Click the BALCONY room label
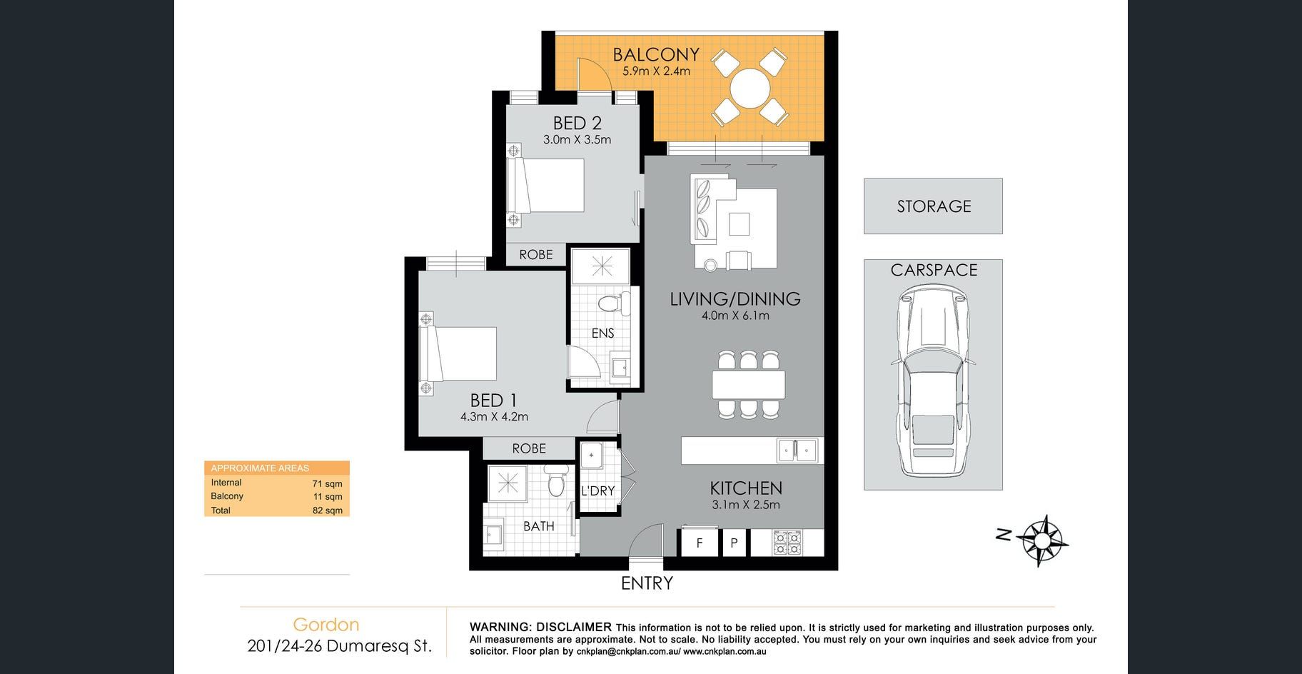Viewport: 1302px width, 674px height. click(656, 54)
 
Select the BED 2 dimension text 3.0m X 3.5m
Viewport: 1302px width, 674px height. click(577, 140)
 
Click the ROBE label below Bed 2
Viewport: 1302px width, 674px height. click(536, 255)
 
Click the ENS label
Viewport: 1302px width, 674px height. click(602, 333)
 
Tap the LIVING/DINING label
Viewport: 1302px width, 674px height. click(735, 299)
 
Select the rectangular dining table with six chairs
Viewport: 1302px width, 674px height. click(748, 385)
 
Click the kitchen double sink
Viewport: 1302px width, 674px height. click(797, 450)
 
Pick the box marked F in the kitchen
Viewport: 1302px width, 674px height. click(699, 543)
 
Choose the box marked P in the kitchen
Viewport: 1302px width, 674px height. click(734, 543)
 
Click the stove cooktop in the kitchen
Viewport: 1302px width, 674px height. click(787, 543)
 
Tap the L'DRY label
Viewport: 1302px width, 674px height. click(598, 491)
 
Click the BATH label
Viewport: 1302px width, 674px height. click(539, 526)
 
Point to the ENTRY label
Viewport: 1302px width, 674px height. click(647, 583)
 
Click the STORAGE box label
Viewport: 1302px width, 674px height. click(934, 206)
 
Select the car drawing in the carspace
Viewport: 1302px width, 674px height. click(933, 381)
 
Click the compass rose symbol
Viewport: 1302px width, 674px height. click(1042, 540)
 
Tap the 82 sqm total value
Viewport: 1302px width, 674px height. click(328, 510)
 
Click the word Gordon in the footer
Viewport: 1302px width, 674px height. click(326, 625)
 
